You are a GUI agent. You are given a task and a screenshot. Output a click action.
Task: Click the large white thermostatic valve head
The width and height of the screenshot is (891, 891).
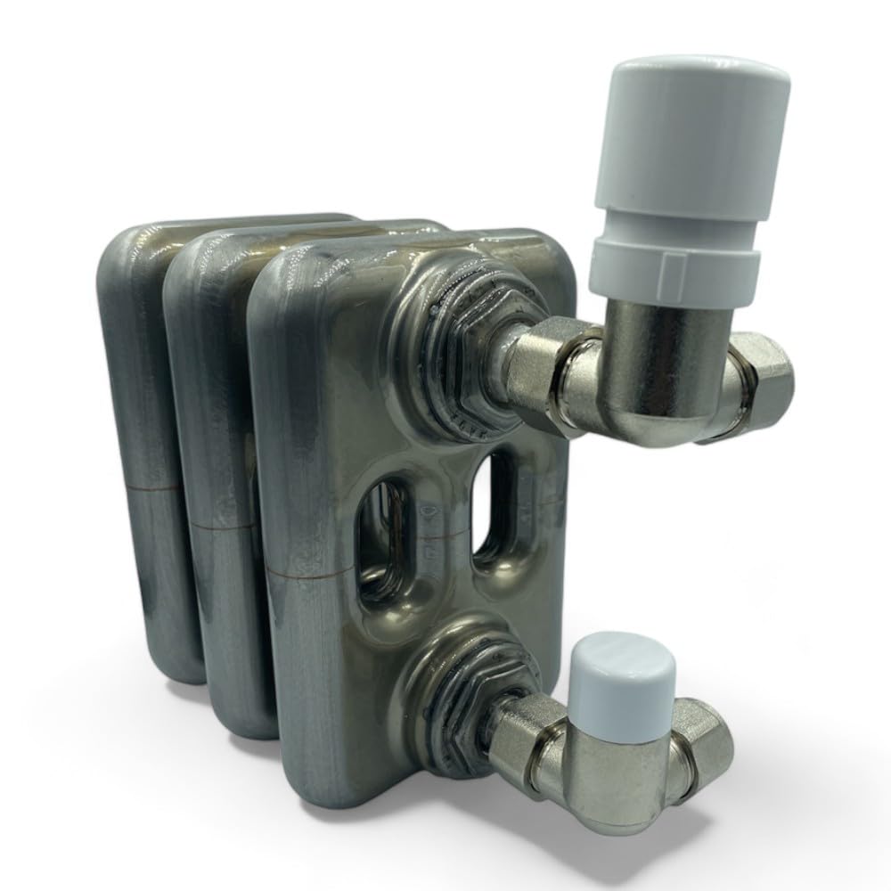[686, 143]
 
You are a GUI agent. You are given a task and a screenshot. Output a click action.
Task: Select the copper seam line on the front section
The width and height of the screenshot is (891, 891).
[303, 575]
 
